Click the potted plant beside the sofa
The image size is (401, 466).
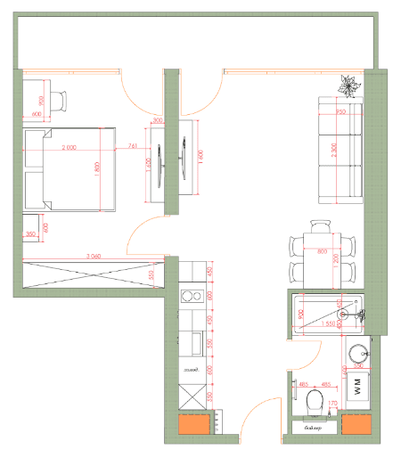click(x=346, y=86)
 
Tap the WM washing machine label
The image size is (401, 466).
click(x=359, y=386)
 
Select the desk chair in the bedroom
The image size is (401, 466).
click(x=58, y=101)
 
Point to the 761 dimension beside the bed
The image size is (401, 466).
click(x=132, y=146)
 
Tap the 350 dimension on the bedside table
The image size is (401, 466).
click(x=30, y=234)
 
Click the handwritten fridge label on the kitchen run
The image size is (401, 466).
click(x=189, y=369)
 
